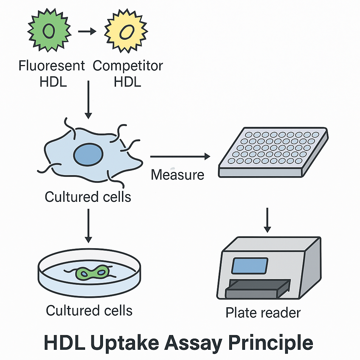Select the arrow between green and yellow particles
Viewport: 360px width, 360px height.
click(86, 32)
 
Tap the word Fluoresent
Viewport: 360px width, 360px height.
click(52, 66)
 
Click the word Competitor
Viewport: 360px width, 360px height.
click(128, 66)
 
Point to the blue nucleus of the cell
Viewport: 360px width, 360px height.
click(88, 154)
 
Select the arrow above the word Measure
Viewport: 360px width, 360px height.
click(180, 156)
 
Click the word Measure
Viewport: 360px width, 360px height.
click(178, 174)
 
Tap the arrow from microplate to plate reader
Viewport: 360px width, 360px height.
click(268, 220)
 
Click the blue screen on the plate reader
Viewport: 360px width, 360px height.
click(249, 266)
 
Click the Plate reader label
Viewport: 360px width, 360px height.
click(263, 313)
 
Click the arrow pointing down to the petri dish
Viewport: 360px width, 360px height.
click(88, 225)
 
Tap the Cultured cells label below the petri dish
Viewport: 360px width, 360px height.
click(89, 311)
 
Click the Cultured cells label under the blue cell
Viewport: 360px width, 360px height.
click(88, 197)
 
